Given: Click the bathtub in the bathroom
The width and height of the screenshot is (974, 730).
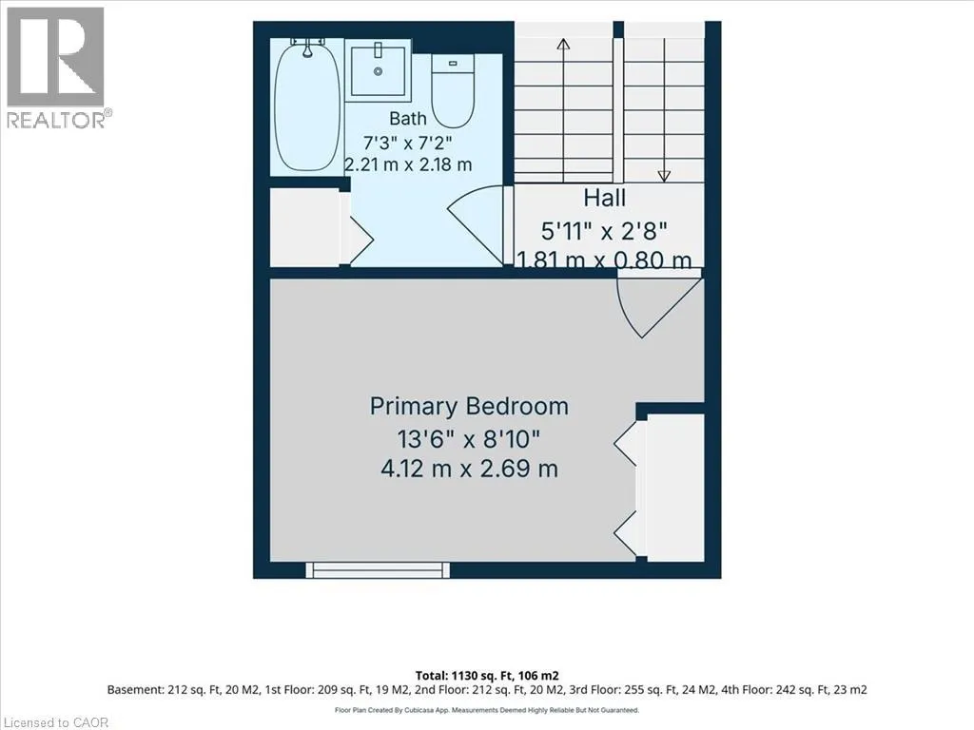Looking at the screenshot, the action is (307, 106).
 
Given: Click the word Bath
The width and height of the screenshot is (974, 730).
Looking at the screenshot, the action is (408, 118).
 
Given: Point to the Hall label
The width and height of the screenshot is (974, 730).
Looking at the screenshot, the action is (604, 198).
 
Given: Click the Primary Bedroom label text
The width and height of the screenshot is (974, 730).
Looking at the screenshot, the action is (469, 407).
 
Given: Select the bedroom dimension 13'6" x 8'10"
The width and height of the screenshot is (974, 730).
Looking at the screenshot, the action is (469, 439).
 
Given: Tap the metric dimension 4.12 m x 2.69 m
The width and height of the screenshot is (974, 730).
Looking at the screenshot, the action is (469, 468).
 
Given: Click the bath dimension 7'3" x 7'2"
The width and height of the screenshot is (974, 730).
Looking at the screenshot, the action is (407, 143).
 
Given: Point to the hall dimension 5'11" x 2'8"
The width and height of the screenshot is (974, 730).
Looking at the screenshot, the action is (604, 232).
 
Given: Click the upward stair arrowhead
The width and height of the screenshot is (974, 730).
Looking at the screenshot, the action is (563, 44).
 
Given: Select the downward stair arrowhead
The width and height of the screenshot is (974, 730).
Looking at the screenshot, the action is (664, 176).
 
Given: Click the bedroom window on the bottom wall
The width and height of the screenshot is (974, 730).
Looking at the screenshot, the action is (378, 570).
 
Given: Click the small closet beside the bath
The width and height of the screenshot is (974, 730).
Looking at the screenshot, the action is (305, 226).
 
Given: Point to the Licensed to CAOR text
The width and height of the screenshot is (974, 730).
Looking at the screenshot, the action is (54, 722).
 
